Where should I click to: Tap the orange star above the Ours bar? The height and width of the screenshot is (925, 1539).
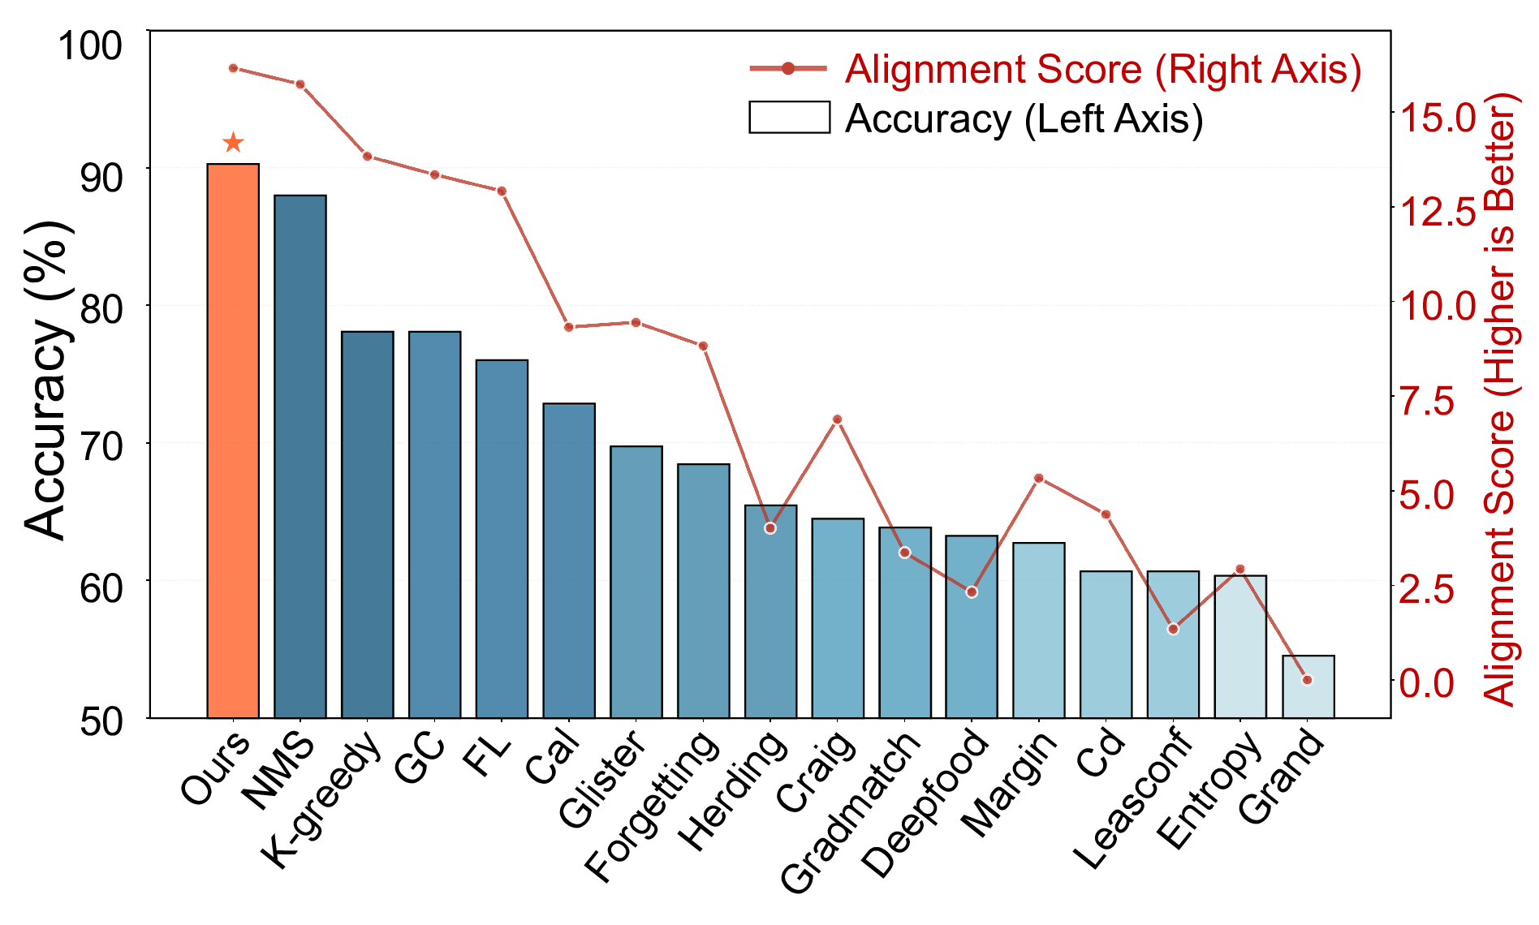[233, 143]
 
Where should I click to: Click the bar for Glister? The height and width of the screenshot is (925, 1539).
[636, 582]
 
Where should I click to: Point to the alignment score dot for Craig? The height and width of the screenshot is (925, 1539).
[838, 419]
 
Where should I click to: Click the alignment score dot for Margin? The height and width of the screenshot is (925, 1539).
[1039, 479]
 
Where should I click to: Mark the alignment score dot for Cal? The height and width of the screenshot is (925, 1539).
[569, 327]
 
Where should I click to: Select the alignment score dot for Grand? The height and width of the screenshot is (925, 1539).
[1307, 680]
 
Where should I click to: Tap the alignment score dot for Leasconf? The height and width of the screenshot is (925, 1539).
[1173, 629]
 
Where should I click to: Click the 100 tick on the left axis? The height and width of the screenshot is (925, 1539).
[89, 45]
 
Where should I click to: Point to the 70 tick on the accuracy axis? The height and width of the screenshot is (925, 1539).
[101, 445]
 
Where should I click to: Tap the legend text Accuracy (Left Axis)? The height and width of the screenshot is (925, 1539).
[1024, 119]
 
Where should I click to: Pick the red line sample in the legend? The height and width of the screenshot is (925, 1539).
[787, 69]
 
